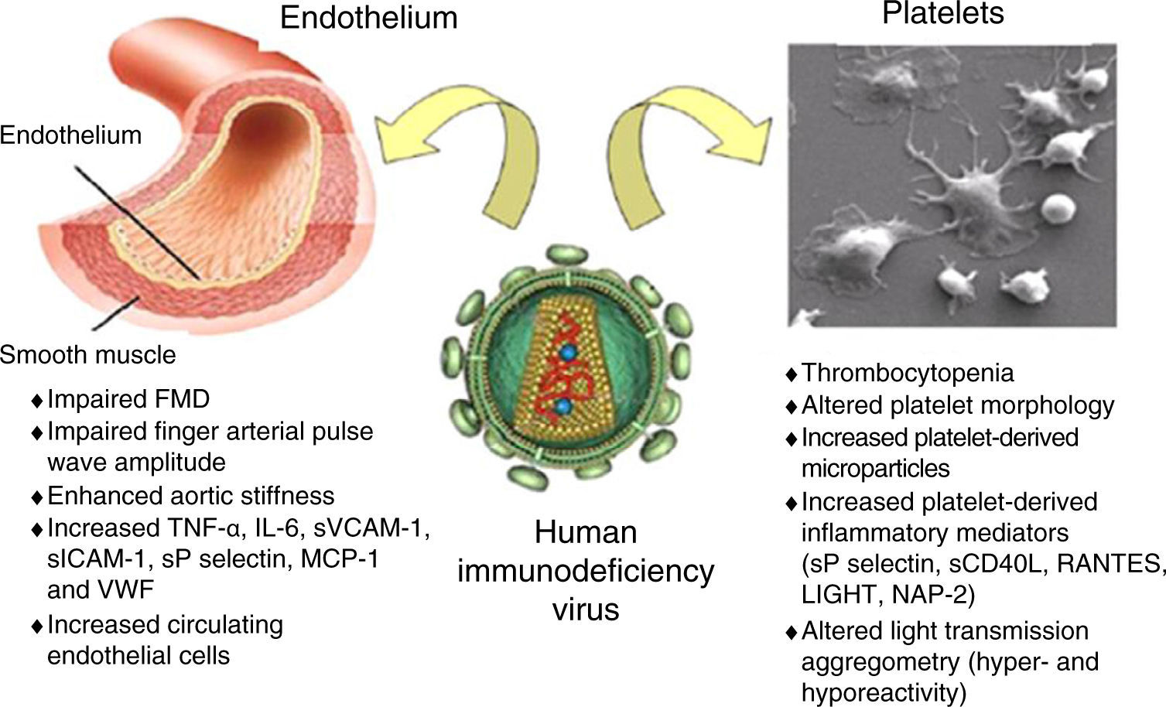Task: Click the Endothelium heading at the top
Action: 368,18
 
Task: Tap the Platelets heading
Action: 943,13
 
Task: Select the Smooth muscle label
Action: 88,355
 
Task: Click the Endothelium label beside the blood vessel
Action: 71,135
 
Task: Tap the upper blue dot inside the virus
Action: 570,353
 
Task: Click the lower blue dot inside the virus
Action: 564,406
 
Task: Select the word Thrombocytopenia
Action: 908,373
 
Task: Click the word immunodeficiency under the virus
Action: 586,571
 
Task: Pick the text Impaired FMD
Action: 128,399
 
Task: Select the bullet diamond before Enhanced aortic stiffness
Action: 36,497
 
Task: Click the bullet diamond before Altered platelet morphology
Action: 791,407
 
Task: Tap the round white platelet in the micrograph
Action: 1058,208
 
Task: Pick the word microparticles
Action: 875,468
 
